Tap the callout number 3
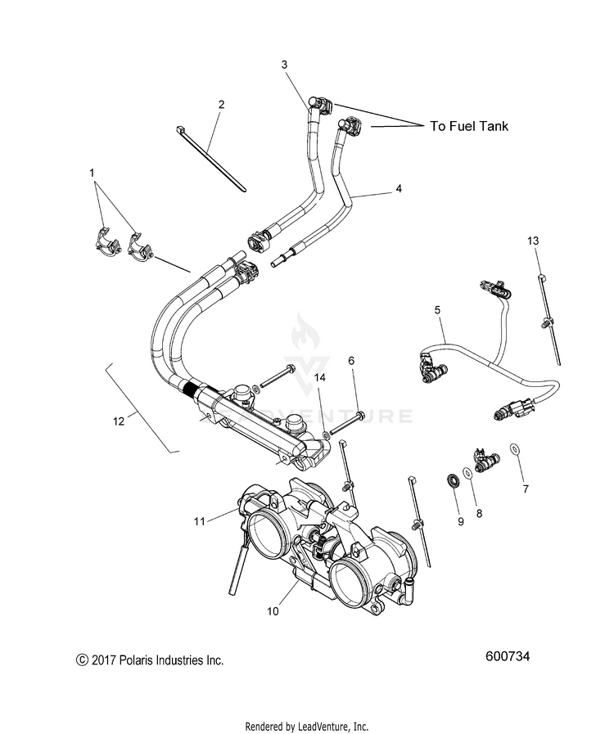tap(284, 64)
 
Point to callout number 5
tap(437, 310)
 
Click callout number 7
tap(526, 489)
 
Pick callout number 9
tap(461, 522)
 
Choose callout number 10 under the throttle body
tap(272, 610)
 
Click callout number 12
tap(120, 421)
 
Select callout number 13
tap(533, 241)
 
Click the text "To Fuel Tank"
tap(469, 126)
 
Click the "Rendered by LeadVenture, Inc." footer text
tap(307, 726)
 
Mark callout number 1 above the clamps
tap(93, 173)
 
